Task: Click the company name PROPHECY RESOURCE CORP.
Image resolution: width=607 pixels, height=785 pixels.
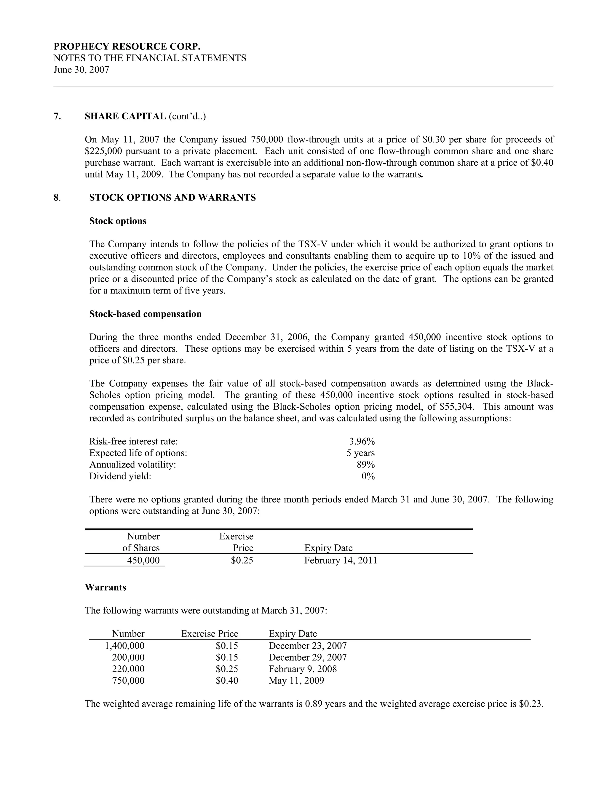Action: point(127,47)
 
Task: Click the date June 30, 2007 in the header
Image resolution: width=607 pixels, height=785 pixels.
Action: point(81,70)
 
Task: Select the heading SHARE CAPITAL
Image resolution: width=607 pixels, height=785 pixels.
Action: point(125,116)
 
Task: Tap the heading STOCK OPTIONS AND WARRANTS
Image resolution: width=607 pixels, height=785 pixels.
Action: point(172,198)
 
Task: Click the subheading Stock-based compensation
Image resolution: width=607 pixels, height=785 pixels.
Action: point(145,314)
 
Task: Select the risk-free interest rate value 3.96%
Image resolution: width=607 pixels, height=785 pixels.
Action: point(362,441)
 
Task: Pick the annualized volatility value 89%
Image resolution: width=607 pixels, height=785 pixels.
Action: point(365,465)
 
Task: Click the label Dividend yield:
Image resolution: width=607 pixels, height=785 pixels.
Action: point(120,477)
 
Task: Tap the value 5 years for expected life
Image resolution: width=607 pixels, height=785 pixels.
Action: point(360,453)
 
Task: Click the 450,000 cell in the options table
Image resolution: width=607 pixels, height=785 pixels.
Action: point(143,561)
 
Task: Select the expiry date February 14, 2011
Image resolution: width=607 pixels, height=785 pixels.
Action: point(341,561)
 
